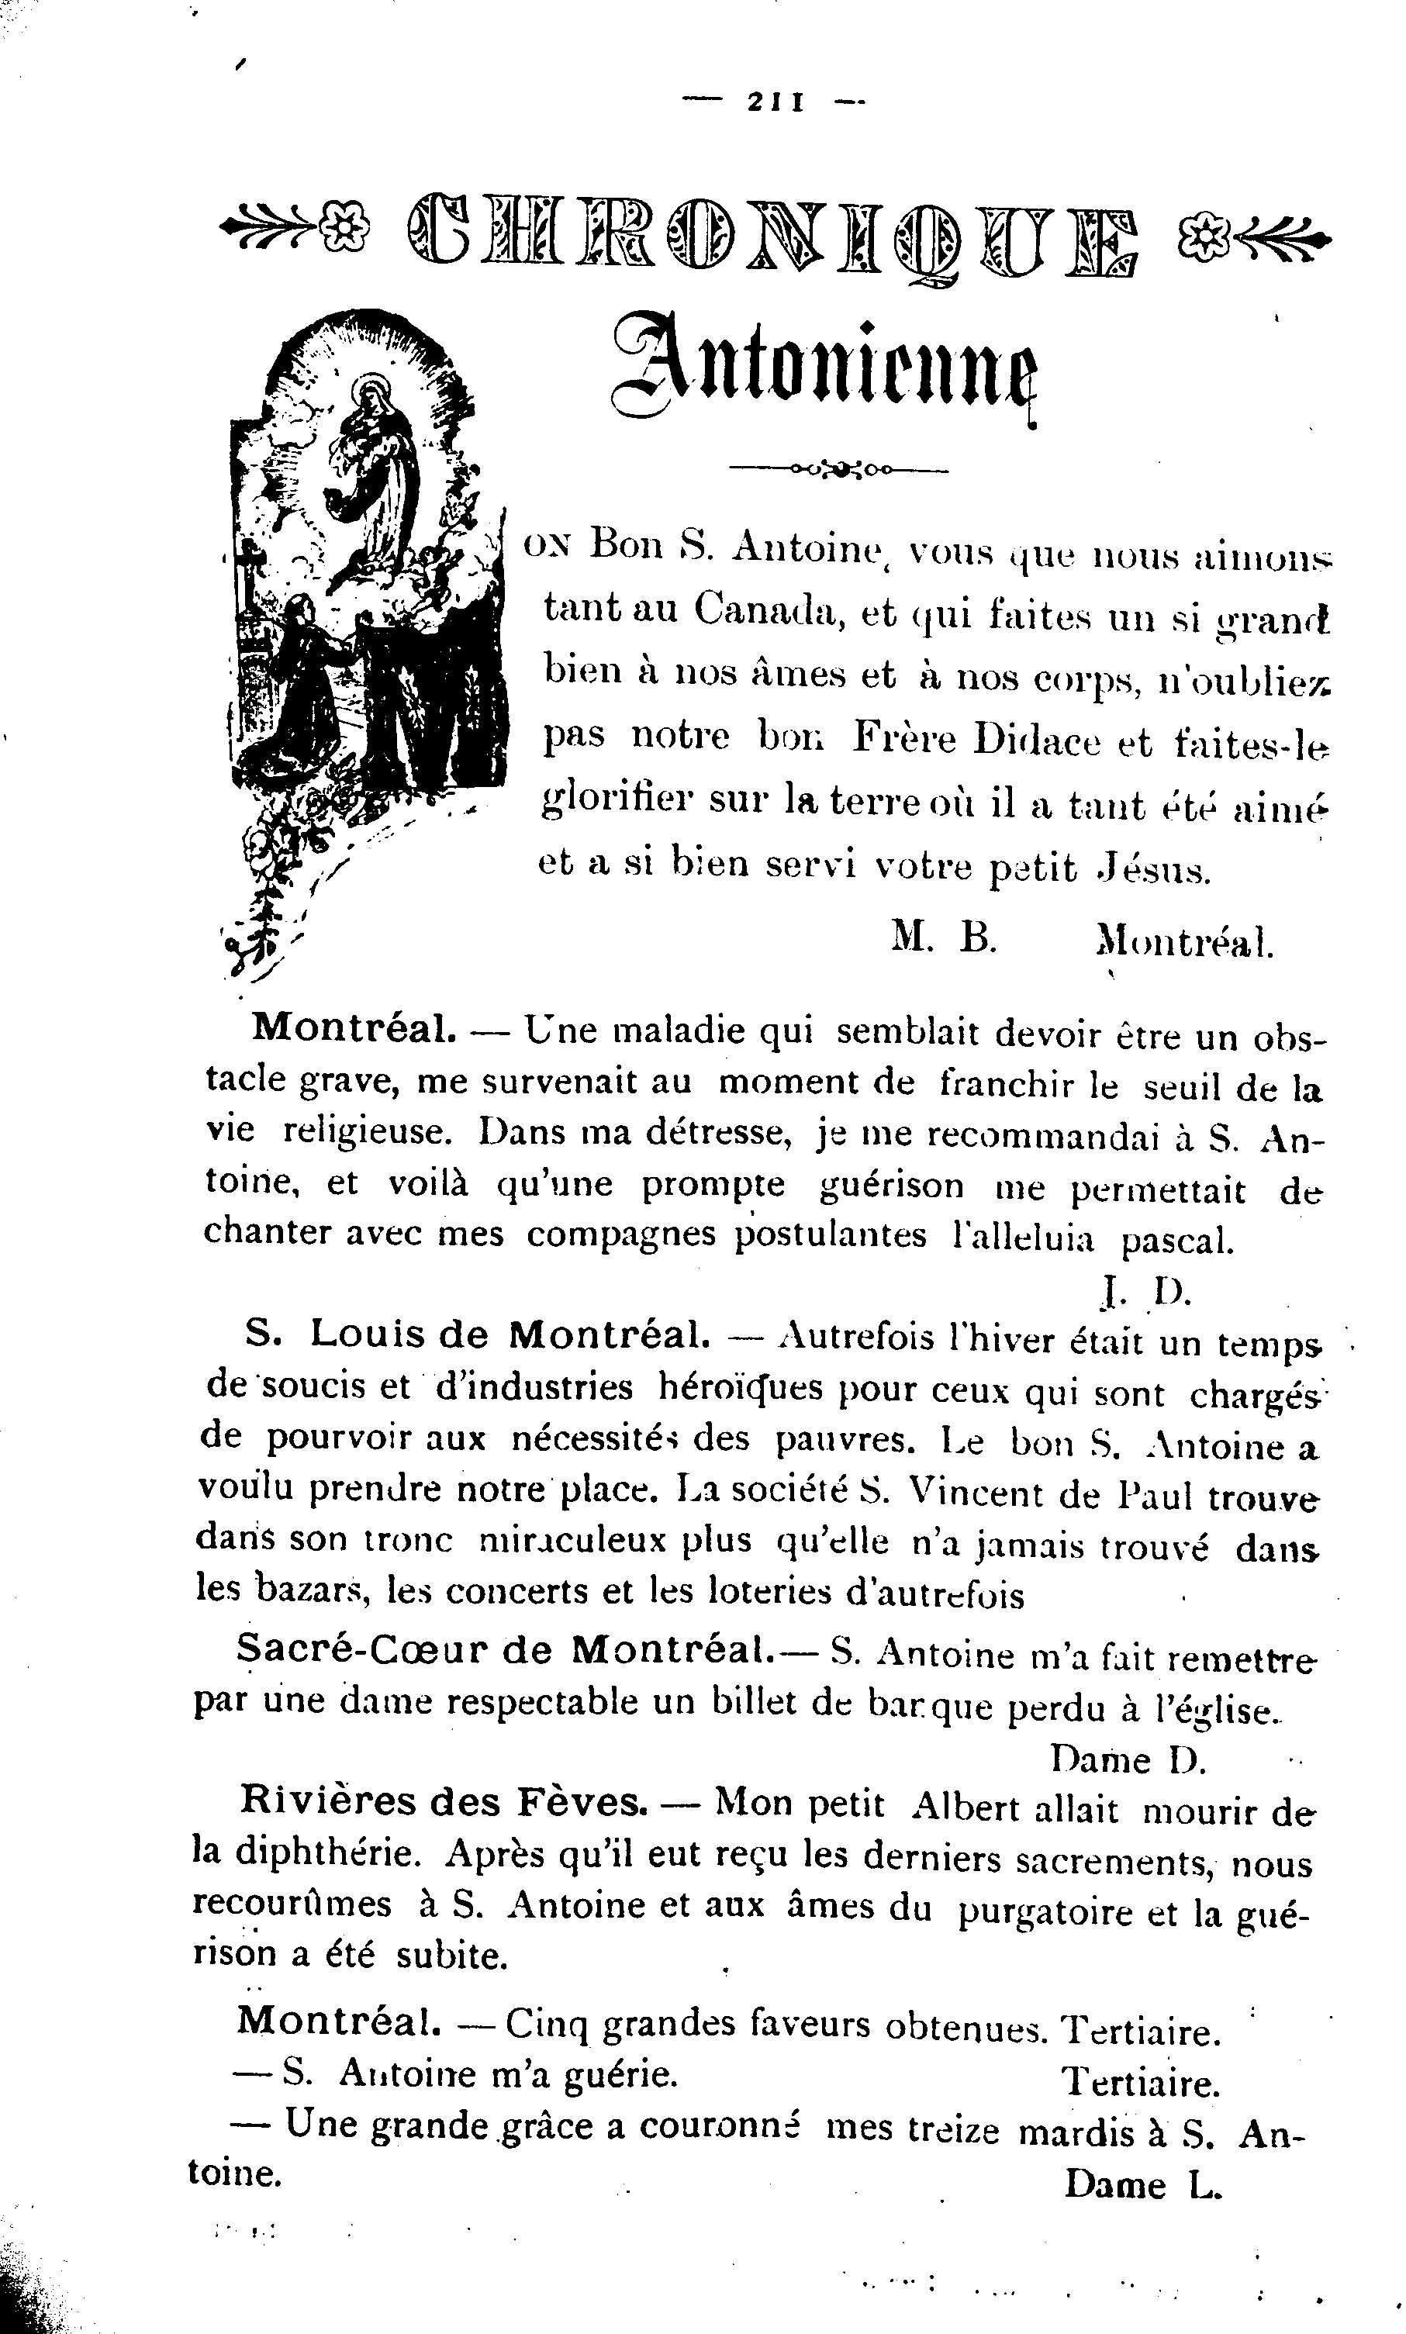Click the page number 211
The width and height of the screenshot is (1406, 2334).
[x=775, y=102]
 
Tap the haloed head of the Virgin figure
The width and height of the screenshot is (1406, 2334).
[x=369, y=392]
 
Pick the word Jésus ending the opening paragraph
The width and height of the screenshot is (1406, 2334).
[x=1153, y=867]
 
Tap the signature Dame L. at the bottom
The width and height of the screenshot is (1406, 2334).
[x=1142, y=2185]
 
